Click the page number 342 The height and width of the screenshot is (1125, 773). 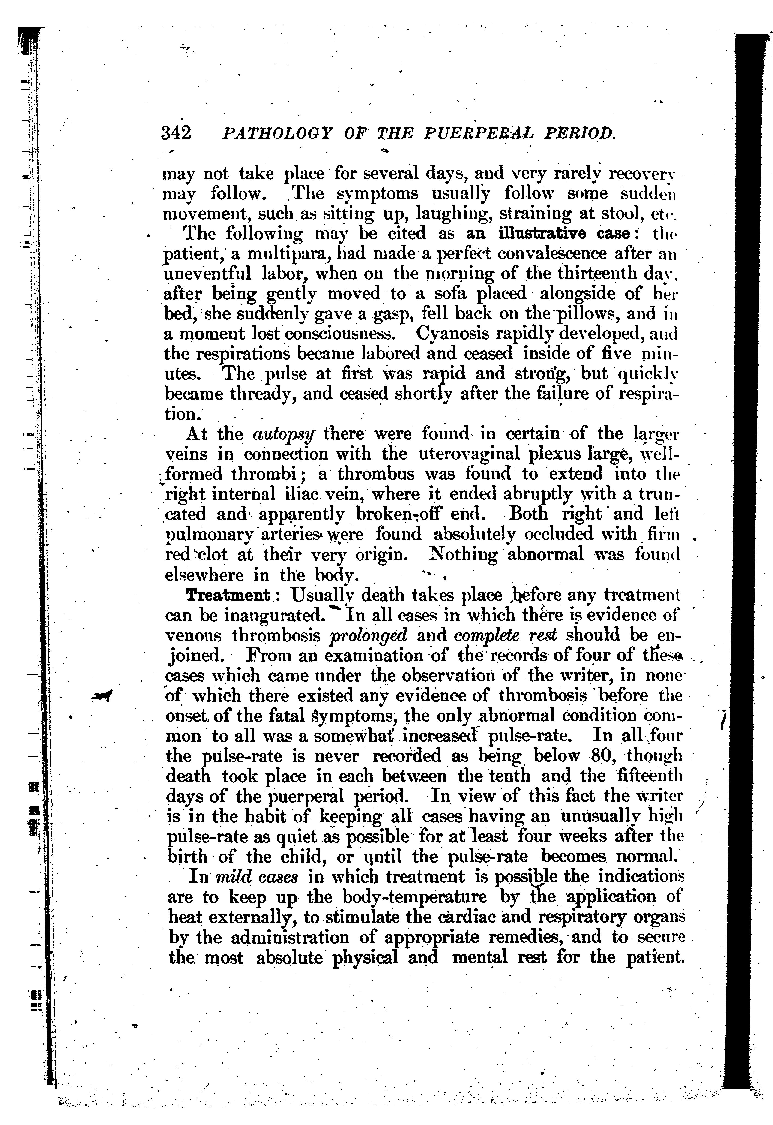coord(176,133)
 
